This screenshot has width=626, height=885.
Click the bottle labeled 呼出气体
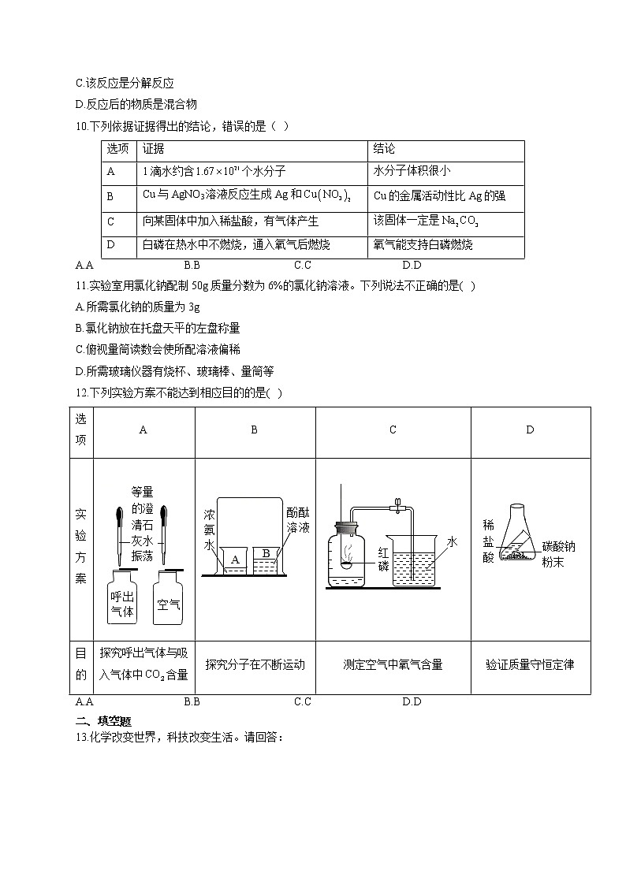[122, 601]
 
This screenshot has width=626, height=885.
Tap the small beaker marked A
[234, 561]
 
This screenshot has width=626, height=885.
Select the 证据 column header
[153, 149]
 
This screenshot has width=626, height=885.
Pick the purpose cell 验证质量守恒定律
[530, 664]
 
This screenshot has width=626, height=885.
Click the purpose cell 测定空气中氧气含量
[393, 664]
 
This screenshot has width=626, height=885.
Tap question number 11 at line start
[81, 286]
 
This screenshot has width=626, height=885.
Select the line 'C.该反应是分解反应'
[125, 83]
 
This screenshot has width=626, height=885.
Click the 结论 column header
[385, 149]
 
